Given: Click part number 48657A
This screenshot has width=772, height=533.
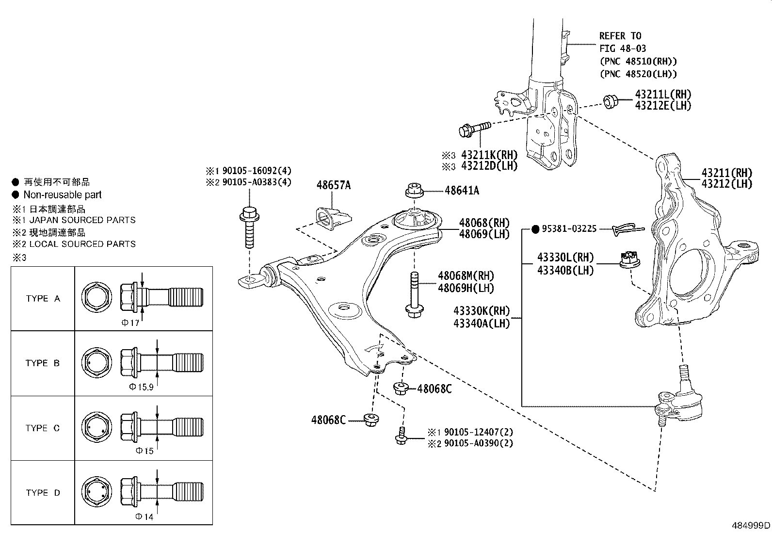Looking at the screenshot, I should click(333, 185).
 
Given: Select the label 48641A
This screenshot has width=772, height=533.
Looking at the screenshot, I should click(462, 191).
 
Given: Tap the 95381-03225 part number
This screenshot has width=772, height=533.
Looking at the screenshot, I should click(569, 229).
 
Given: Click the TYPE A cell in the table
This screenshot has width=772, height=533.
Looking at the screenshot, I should click(43, 299).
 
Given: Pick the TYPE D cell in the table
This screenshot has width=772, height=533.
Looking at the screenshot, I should click(43, 493).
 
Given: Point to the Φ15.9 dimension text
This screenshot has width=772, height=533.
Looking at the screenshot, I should click(141, 387).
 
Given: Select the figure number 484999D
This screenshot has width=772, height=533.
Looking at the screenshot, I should click(751, 525).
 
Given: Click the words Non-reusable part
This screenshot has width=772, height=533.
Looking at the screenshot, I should click(63, 195).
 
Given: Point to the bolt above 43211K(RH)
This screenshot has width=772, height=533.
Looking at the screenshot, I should click(474, 129).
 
